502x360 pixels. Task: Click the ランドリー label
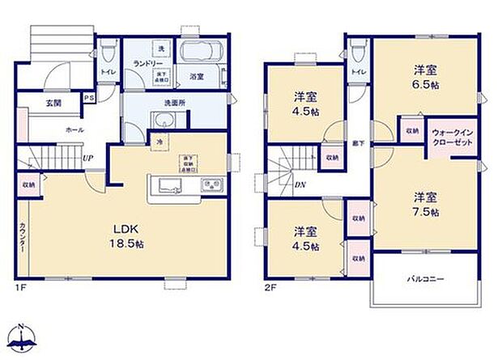coord(145,64)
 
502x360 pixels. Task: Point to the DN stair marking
coord(300,184)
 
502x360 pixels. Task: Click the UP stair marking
coord(86,159)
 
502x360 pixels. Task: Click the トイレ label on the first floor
coord(107,70)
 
